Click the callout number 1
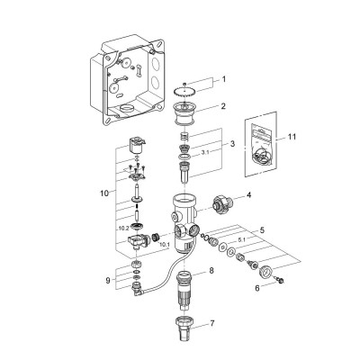(x=223, y=79)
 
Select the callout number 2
(x=223, y=106)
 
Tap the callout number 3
(x=232, y=143)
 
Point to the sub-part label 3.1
(x=205, y=152)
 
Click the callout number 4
(x=248, y=195)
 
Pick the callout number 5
(x=262, y=230)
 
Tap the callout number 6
(x=257, y=288)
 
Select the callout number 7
(x=212, y=324)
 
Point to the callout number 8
(x=211, y=271)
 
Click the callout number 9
(x=108, y=280)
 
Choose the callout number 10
(x=103, y=193)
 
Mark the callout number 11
(x=292, y=137)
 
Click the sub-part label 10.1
(x=165, y=245)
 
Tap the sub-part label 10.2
(x=123, y=229)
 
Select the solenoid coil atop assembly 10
(x=137, y=146)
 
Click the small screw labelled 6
(x=281, y=281)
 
